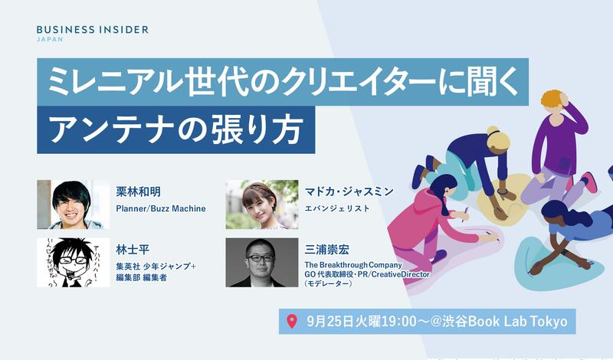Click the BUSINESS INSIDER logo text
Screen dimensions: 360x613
point(93,29)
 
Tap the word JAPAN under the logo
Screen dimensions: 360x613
point(50,40)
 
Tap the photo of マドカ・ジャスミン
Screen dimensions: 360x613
point(261,205)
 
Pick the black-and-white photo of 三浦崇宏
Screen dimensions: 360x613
point(261,262)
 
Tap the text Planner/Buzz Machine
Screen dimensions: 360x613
point(161,208)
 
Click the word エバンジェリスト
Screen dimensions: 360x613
point(338,208)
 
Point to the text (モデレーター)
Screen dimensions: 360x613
point(329,283)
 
